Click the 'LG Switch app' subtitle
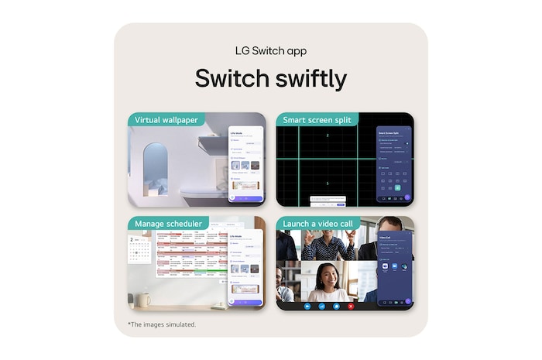pos(270,50)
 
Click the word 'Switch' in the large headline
pos(226,79)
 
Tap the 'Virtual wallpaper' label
pos(166,120)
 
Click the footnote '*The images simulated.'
pos(161,324)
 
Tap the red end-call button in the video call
pos(351,306)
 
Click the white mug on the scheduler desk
pos(146,297)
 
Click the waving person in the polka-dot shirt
pos(328,245)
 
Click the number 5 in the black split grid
pos(327,183)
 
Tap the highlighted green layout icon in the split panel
pos(398,188)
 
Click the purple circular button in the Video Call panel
pos(408,301)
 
